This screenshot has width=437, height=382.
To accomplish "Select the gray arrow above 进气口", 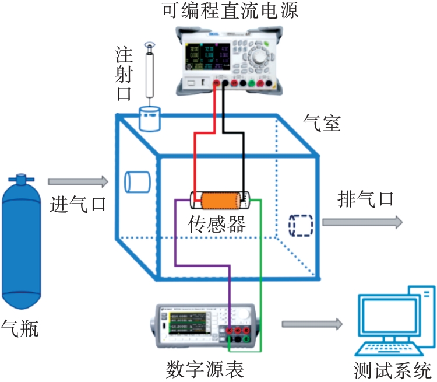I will pos(77,182).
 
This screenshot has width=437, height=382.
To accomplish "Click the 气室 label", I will pos(322,123).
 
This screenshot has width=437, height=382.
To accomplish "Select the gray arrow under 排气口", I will pos(362,222).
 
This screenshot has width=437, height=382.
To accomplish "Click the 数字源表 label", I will pos(205,369).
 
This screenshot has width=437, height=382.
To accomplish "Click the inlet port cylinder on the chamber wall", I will pos(138,181).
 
